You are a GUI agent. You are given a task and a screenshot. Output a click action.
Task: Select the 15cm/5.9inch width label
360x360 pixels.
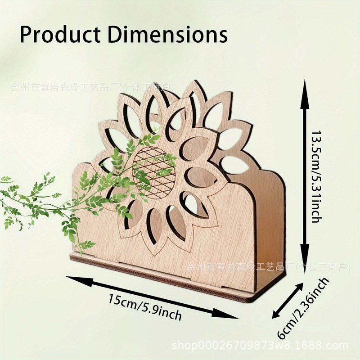[145, 306]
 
